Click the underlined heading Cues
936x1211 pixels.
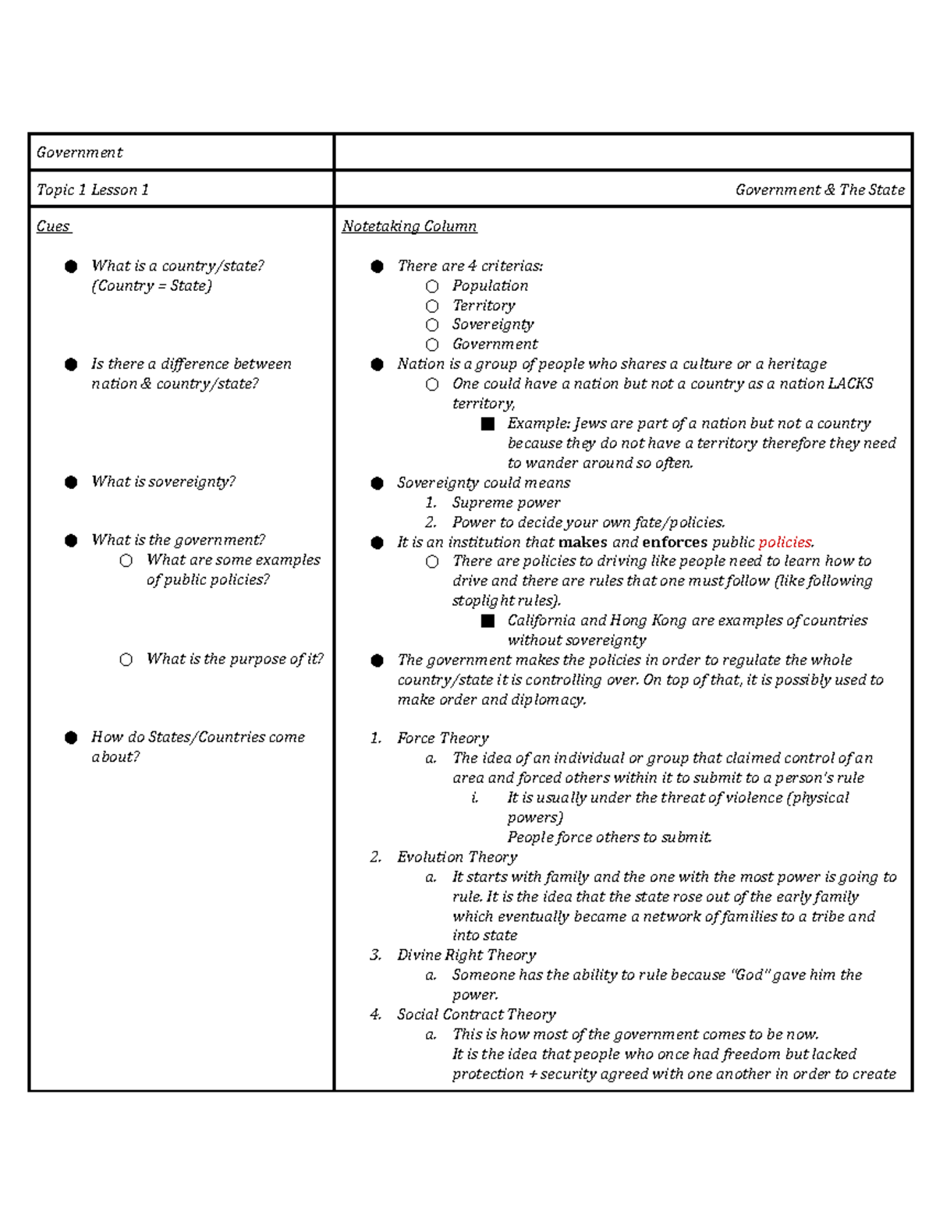pyautogui.click(x=53, y=226)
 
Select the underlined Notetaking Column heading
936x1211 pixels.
pyautogui.click(x=409, y=226)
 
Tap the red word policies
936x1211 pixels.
pyautogui.click(x=785, y=542)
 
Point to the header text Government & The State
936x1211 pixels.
pyautogui.click(x=819, y=189)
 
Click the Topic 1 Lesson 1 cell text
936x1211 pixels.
pyautogui.click(x=92, y=189)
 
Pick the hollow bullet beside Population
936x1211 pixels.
pyautogui.click(x=432, y=286)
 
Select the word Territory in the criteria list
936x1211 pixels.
pyautogui.click(x=484, y=306)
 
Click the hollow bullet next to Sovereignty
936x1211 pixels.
pyautogui.click(x=432, y=325)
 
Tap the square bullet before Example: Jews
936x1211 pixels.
pyautogui.click(x=488, y=423)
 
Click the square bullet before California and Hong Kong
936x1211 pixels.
pyautogui.click(x=488, y=621)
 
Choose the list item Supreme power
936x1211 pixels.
pyautogui.click(x=506, y=503)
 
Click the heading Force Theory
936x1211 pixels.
pyautogui.click(x=442, y=738)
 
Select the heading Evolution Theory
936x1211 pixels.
pyautogui.click(x=457, y=857)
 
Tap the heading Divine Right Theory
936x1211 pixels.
pyautogui.click(x=466, y=955)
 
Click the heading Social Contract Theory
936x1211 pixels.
pyautogui.click(x=476, y=1014)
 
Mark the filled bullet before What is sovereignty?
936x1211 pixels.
pyautogui.click(x=71, y=482)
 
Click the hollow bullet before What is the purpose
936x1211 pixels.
pyautogui.click(x=126, y=660)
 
